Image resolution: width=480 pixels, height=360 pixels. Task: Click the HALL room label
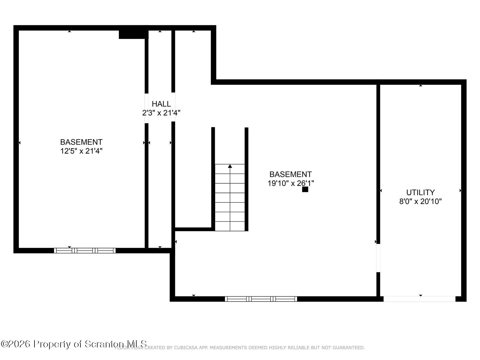[x=161, y=104]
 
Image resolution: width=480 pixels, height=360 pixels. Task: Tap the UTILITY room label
[x=420, y=192]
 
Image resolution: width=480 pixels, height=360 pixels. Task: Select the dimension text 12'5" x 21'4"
[x=81, y=151]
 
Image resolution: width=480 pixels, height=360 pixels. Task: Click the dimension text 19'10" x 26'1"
[x=290, y=183]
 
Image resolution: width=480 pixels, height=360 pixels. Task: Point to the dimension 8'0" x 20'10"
[x=420, y=201]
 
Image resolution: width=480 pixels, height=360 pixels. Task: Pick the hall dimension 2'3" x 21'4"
[x=161, y=113]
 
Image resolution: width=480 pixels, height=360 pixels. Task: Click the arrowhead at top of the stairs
[x=230, y=166]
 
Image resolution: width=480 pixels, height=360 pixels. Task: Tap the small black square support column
[x=305, y=189]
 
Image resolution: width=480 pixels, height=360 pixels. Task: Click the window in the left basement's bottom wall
[x=85, y=250]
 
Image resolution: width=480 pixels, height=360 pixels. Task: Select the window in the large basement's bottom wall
[x=261, y=299]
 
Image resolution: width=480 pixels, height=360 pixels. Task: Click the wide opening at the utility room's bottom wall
[x=419, y=299]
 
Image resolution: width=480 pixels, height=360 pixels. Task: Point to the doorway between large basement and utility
[x=378, y=258]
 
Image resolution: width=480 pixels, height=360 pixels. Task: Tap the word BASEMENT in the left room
[x=81, y=142]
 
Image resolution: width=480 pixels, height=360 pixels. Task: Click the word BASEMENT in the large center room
[x=290, y=174]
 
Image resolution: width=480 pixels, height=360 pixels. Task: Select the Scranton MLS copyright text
[x=74, y=344]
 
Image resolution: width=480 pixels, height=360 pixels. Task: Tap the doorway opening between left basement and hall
[x=147, y=108]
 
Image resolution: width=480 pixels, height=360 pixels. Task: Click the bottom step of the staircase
[x=230, y=226]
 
